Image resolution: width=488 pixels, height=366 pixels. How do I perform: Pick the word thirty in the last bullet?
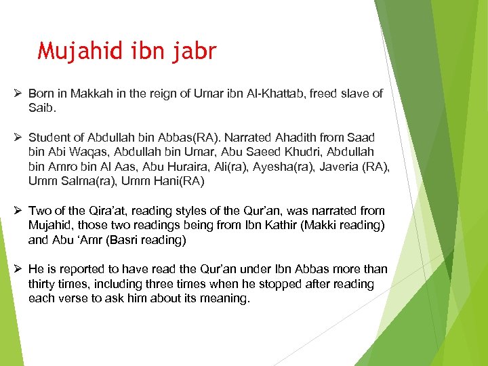tap(42, 284)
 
